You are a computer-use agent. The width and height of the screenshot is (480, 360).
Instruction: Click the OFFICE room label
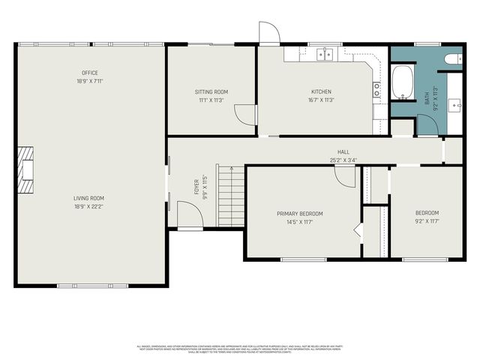point(90,73)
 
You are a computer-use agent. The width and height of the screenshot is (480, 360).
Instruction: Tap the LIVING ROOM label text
point(89,198)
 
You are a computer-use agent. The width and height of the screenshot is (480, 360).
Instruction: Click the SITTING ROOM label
point(211,91)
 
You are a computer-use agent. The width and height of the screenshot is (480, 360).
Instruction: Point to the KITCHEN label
point(321,91)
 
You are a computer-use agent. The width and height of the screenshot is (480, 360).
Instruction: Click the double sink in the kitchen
point(325,54)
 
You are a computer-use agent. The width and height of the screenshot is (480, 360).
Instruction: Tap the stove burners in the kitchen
point(376,90)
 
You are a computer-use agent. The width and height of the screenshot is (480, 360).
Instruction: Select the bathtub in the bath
point(402,82)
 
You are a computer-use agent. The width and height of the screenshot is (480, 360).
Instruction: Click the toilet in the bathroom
point(453,58)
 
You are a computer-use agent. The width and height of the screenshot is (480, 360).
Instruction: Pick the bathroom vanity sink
point(454,104)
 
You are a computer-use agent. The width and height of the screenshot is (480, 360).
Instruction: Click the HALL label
point(343,151)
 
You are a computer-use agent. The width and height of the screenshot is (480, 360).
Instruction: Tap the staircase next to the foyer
point(230,196)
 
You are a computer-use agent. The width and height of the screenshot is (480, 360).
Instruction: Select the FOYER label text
point(196,185)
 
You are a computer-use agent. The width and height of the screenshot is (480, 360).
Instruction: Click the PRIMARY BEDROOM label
point(299,214)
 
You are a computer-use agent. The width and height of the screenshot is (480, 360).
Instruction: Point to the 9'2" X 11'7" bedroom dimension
point(427,221)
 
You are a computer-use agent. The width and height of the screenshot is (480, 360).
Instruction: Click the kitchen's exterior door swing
point(268,33)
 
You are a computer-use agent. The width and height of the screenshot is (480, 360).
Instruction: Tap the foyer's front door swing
point(190,215)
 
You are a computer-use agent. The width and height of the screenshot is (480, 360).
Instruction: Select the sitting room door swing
point(244,114)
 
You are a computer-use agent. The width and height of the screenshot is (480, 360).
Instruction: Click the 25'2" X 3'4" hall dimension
point(343,159)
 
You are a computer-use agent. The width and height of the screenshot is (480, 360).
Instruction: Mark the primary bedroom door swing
point(346,176)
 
